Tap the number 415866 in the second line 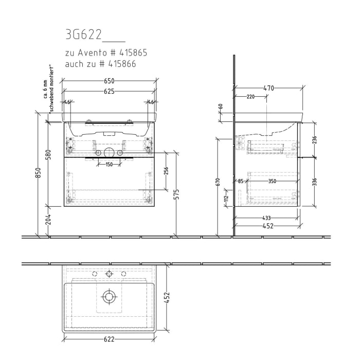tap(123, 63)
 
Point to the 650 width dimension tap(109, 81)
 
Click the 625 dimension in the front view tap(109, 91)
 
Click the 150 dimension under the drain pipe tap(109, 165)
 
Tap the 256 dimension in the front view tap(166, 171)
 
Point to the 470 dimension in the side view tap(268, 88)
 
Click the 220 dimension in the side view tap(250, 97)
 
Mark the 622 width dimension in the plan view tap(109, 339)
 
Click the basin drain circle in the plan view tap(109, 296)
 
